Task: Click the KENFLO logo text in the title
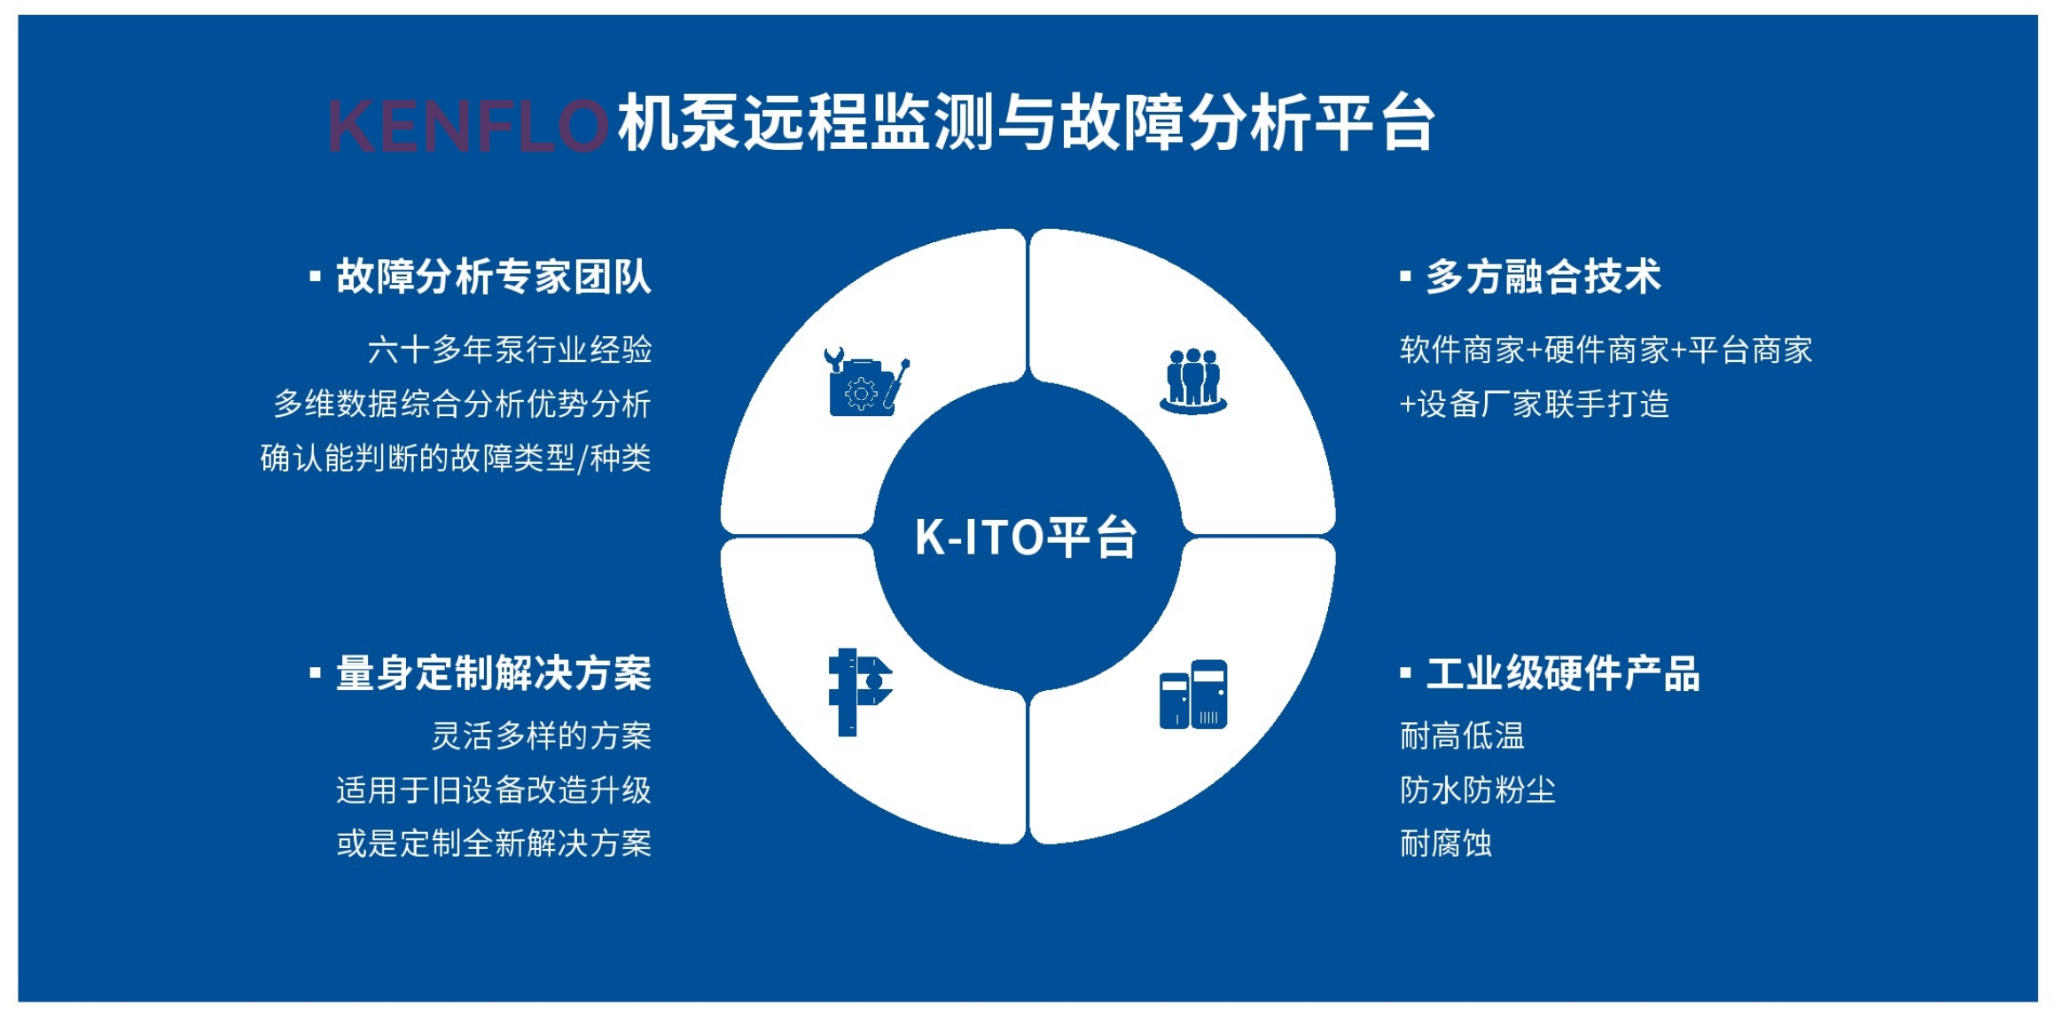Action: pos(467,125)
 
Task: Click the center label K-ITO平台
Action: pos(1026,538)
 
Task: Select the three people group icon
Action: pos(1193,381)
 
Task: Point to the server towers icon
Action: pos(1193,694)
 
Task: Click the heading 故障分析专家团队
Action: pos(494,276)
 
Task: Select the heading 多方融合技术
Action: pos(1543,276)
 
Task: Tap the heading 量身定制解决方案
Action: pos(494,673)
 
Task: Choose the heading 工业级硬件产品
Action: pos(1563,673)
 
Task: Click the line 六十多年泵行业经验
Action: pos(510,349)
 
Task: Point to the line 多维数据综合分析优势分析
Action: pos(462,404)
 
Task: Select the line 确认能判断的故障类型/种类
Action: pos(456,458)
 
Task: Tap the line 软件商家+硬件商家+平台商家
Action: pos(1606,349)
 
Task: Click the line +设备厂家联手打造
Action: pos(1535,404)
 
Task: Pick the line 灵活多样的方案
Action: pos(542,735)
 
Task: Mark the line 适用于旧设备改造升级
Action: pos(494,789)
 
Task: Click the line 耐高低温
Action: pos(1462,735)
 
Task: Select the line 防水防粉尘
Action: pos(1478,789)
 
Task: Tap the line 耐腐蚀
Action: pos(1446,843)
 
